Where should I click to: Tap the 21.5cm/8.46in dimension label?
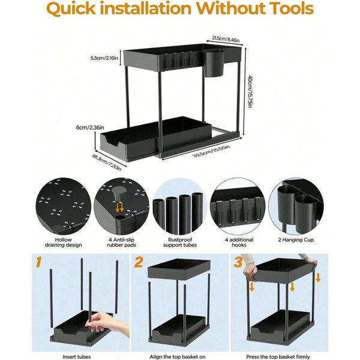(226, 39)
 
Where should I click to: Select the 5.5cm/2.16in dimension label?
(104, 58)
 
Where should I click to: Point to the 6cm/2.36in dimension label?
(90, 127)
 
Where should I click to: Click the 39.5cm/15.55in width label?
(211, 151)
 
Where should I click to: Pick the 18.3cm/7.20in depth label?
(106, 163)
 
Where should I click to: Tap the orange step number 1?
(38, 262)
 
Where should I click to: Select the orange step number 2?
(139, 262)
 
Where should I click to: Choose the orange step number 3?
(238, 262)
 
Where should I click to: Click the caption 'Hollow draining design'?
(64, 242)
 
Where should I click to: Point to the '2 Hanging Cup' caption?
(296, 240)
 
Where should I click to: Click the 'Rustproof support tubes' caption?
(180, 242)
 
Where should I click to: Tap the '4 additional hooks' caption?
(239, 242)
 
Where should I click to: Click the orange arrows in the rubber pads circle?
(119, 207)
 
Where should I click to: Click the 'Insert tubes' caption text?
(77, 357)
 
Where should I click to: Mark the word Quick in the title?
(71, 8)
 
